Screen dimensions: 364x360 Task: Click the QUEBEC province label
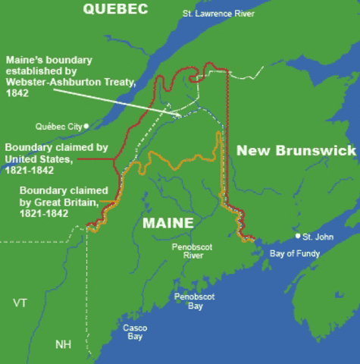[116, 10]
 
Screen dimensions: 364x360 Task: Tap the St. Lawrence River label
[218, 14]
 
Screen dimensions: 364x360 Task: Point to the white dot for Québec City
[86, 126]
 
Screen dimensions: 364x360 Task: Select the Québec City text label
[58, 127]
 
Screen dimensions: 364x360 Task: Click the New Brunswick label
[296, 150]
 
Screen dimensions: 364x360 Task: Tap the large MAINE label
[167, 224]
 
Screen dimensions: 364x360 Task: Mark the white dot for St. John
[297, 237]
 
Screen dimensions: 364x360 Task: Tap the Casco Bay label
[134, 331]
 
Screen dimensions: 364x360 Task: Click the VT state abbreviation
[20, 303]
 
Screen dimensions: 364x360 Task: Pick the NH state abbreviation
[63, 345]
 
